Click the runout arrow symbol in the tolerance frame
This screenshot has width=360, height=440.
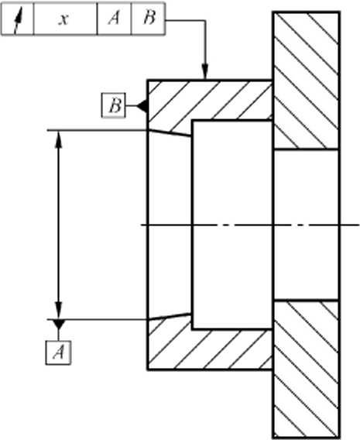tap(17, 19)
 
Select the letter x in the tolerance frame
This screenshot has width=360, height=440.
tap(64, 19)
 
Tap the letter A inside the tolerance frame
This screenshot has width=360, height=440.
tap(114, 19)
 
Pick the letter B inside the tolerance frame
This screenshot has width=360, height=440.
tap(149, 18)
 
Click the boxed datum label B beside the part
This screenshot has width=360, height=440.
tap(113, 105)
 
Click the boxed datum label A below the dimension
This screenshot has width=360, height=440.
tap(58, 352)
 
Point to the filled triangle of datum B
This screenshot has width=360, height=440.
tap(142, 106)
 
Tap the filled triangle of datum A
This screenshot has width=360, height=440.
tap(59, 324)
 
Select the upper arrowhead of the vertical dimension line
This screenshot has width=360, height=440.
tap(58, 139)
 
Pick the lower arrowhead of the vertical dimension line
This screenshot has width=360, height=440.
tap(58, 311)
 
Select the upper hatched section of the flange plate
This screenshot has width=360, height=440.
tap(307, 81)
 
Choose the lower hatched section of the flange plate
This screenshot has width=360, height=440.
tap(307, 369)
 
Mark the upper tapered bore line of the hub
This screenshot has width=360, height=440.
tap(170, 133)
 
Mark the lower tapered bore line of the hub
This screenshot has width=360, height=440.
tap(170, 316)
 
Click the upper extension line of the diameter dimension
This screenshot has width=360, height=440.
tap(98, 130)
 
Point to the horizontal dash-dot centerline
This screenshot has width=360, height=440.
tap(250, 225)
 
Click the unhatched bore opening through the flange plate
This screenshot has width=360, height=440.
tap(307, 225)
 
